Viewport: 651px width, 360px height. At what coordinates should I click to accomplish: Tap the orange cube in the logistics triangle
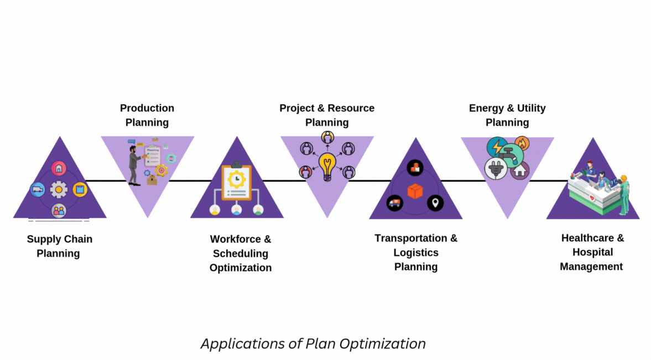[x=415, y=191]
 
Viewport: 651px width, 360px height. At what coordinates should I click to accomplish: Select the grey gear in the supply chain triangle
[x=59, y=189]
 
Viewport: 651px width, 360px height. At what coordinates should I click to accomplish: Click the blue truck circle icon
[x=38, y=190]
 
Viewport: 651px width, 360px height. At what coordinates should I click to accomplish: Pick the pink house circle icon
[x=59, y=169]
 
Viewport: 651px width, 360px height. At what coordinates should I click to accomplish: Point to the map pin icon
[x=435, y=203]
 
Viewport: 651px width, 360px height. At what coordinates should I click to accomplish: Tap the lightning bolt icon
[x=497, y=147]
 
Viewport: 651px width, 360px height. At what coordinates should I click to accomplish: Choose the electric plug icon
[x=496, y=169]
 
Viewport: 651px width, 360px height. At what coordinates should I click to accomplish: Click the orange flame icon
[x=522, y=143]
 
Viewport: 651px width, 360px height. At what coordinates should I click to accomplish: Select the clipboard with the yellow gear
[x=236, y=182]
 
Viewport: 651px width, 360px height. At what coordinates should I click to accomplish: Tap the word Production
[x=147, y=108]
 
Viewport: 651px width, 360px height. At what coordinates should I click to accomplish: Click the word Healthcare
[x=588, y=238]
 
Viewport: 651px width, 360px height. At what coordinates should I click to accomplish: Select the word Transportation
[x=410, y=238]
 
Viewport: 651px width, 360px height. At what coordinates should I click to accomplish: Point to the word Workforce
[x=236, y=239]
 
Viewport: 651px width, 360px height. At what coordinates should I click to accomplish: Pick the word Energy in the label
[x=486, y=108]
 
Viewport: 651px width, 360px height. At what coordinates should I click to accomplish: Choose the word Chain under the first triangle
[x=78, y=239]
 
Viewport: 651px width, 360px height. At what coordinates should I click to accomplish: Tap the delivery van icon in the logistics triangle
[x=394, y=203]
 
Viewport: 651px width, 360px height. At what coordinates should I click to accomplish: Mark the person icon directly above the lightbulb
[x=327, y=137]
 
